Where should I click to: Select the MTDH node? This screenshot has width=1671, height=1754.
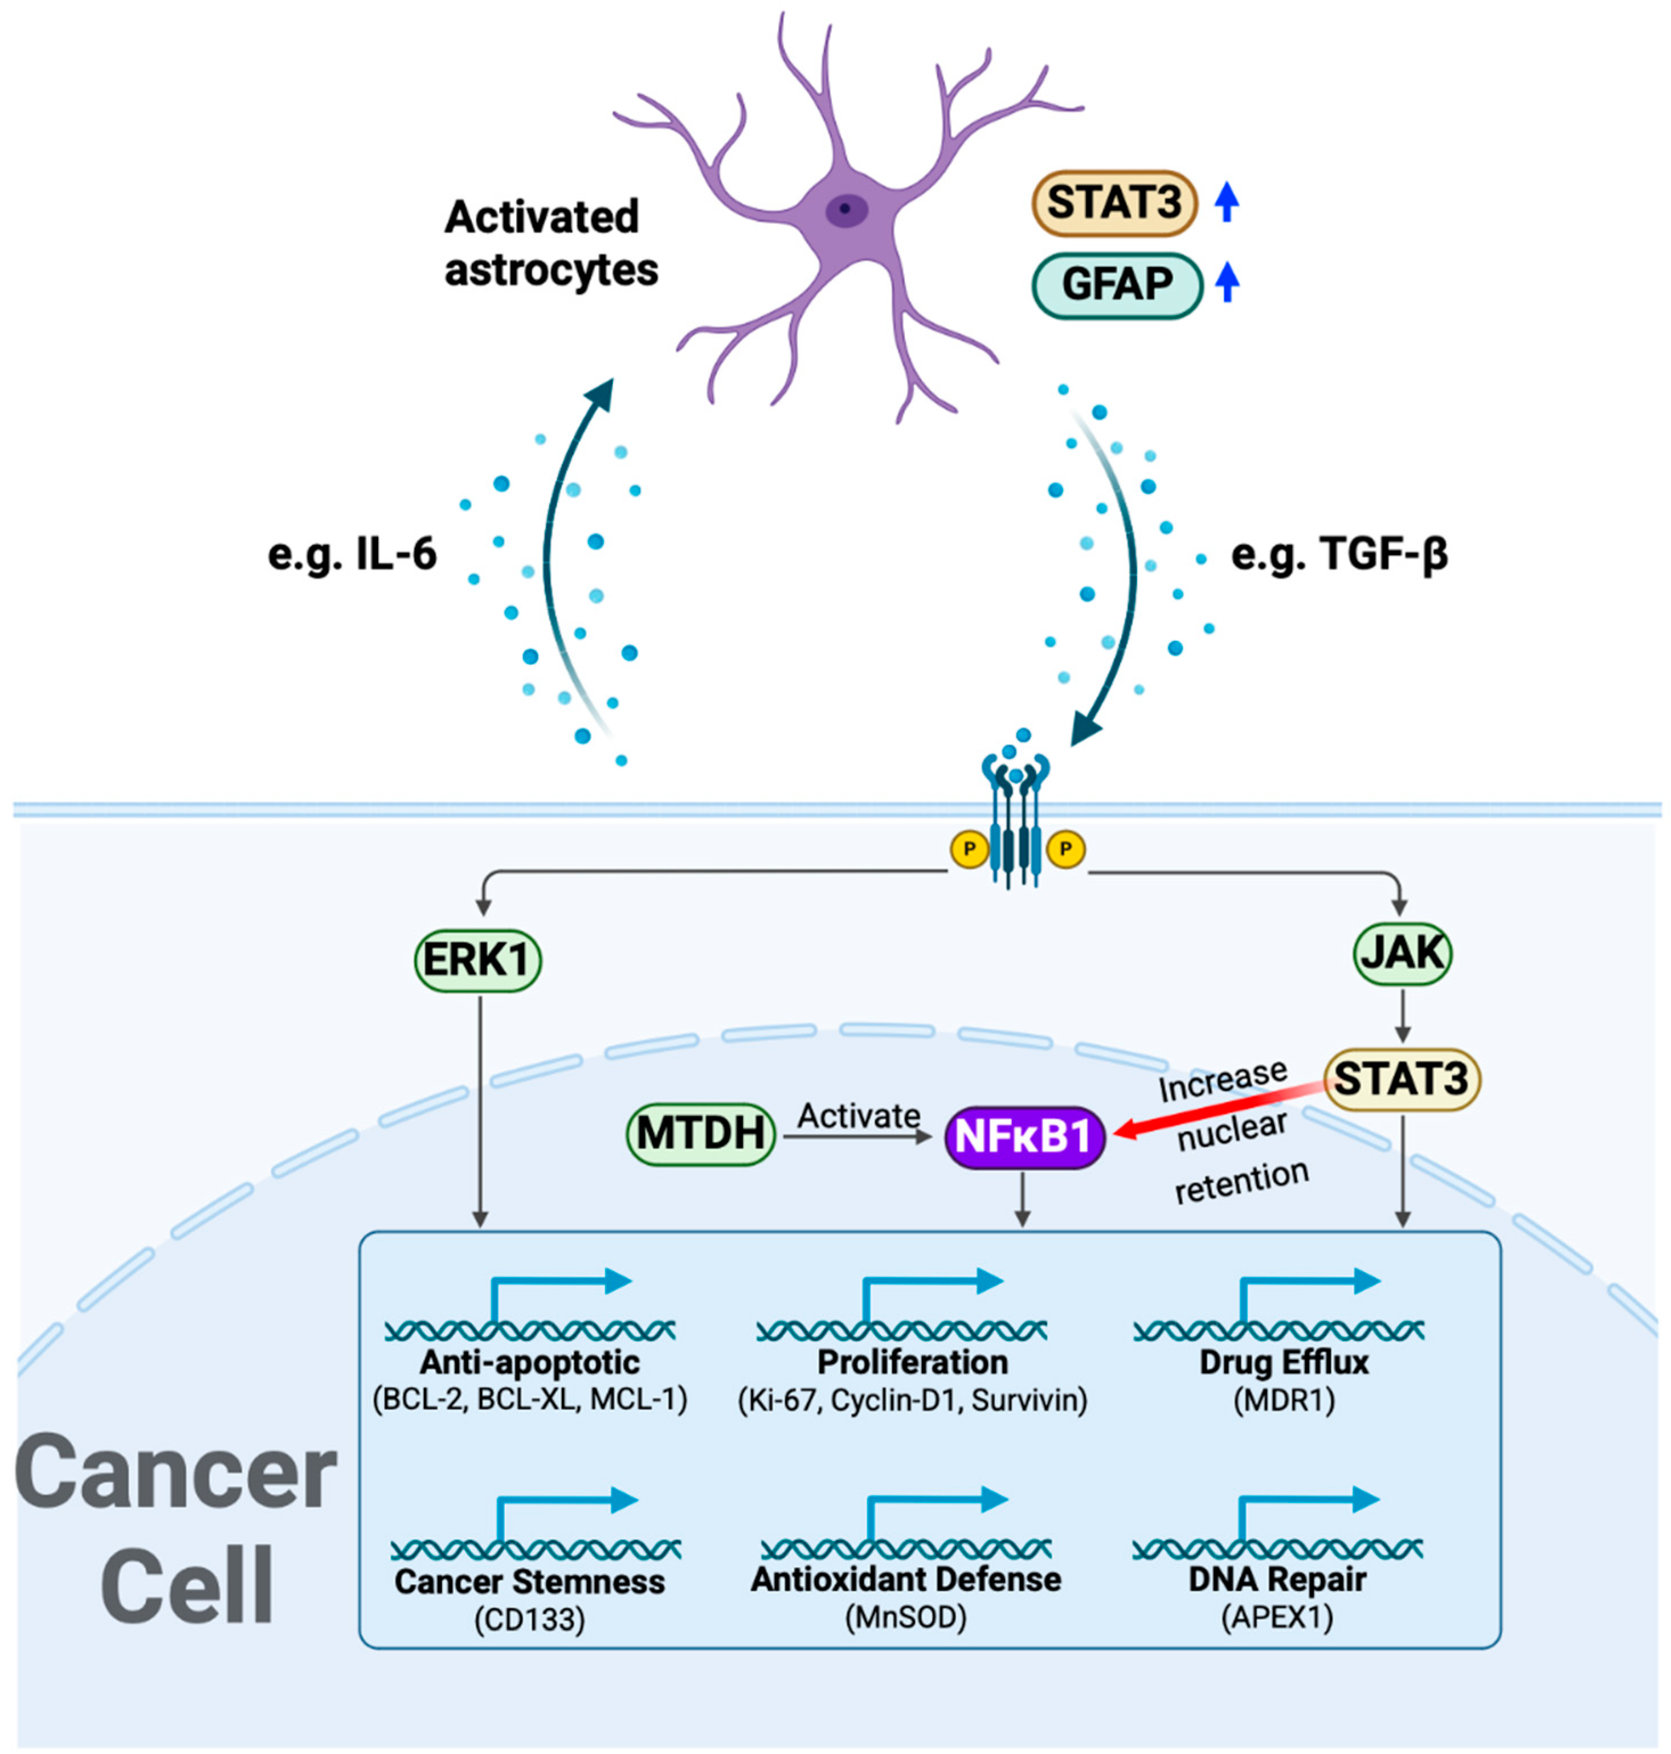[700, 1134]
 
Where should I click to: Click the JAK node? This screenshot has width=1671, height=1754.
[1402, 953]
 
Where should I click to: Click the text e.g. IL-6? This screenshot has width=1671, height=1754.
[353, 555]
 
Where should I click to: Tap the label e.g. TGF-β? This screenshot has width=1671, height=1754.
[1339, 555]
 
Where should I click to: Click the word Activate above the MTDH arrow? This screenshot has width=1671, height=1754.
[859, 1115]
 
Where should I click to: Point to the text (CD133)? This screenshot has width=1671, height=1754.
[529, 1618]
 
